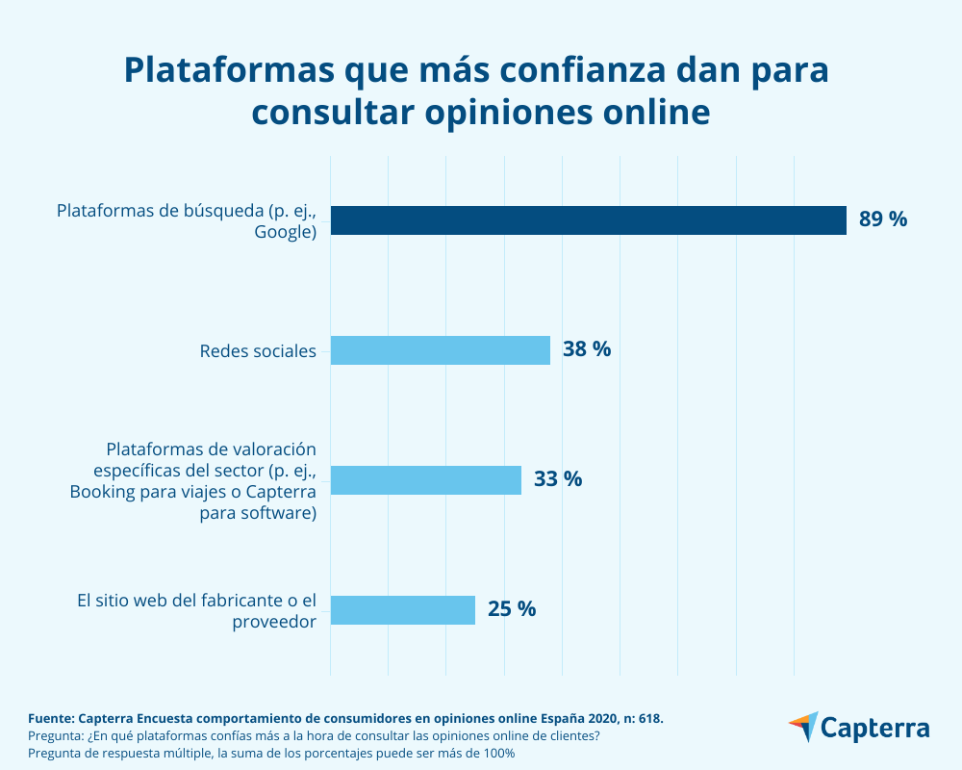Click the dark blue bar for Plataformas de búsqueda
tap(588, 220)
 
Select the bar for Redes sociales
tap(440, 350)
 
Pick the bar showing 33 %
tap(425, 480)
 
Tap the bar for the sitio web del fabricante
tap(402, 610)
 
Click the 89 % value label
tap(883, 219)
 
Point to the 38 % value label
tap(587, 349)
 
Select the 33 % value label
tap(558, 479)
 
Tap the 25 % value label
tap(512, 609)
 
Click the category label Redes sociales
tap(258, 350)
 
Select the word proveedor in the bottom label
tap(274, 622)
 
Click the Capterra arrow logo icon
tap(803, 727)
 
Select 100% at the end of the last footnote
tap(498, 753)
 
